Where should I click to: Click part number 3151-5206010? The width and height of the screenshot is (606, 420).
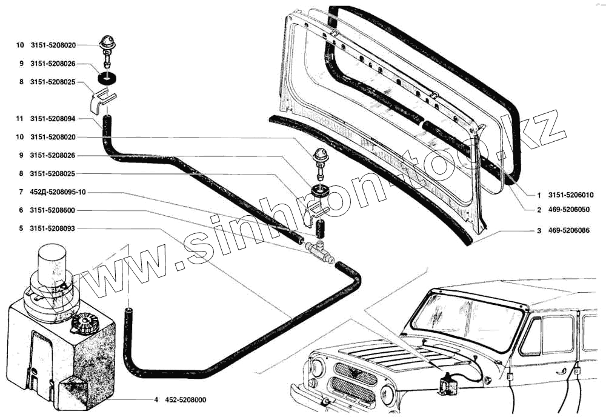coord(571,195)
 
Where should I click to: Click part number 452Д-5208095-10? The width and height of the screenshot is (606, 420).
coord(58,192)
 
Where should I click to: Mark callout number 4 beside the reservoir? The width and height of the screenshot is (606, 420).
coord(156,400)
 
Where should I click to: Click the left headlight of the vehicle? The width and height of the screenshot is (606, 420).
coord(318,367)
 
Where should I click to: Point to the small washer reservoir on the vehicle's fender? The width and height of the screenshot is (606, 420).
coord(447,383)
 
